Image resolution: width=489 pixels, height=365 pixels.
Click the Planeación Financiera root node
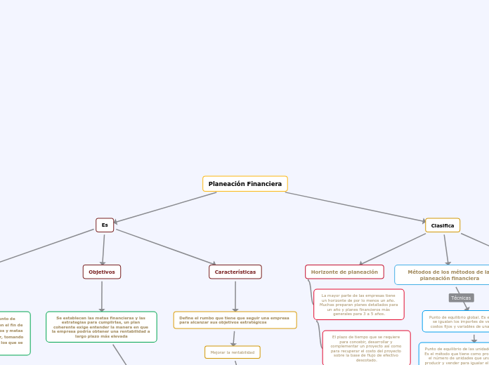click(244, 184)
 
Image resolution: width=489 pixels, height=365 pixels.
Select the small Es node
click(105, 225)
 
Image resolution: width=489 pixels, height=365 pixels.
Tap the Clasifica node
click(443, 225)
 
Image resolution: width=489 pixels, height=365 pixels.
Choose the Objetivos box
click(102, 272)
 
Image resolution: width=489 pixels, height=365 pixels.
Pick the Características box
click(235, 272)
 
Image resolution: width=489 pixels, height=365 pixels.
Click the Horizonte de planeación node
click(344, 272)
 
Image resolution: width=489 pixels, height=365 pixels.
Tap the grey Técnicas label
click(461, 298)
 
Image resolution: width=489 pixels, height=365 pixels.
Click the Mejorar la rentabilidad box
click(233, 352)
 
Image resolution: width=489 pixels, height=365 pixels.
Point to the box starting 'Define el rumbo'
click(235, 320)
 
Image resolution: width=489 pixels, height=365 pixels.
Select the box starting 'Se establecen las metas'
click(101, 327)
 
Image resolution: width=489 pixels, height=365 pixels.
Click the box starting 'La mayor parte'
click(358, 305)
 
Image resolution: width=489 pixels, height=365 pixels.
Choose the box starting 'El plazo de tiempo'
click(366, 348)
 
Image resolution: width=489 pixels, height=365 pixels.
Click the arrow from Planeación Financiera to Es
click(165, 208)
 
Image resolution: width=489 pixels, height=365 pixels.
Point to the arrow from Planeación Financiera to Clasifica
click(355, 208)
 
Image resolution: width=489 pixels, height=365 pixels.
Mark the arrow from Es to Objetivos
click(103, 248)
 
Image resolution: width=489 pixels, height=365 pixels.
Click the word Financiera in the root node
click(264, 184)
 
